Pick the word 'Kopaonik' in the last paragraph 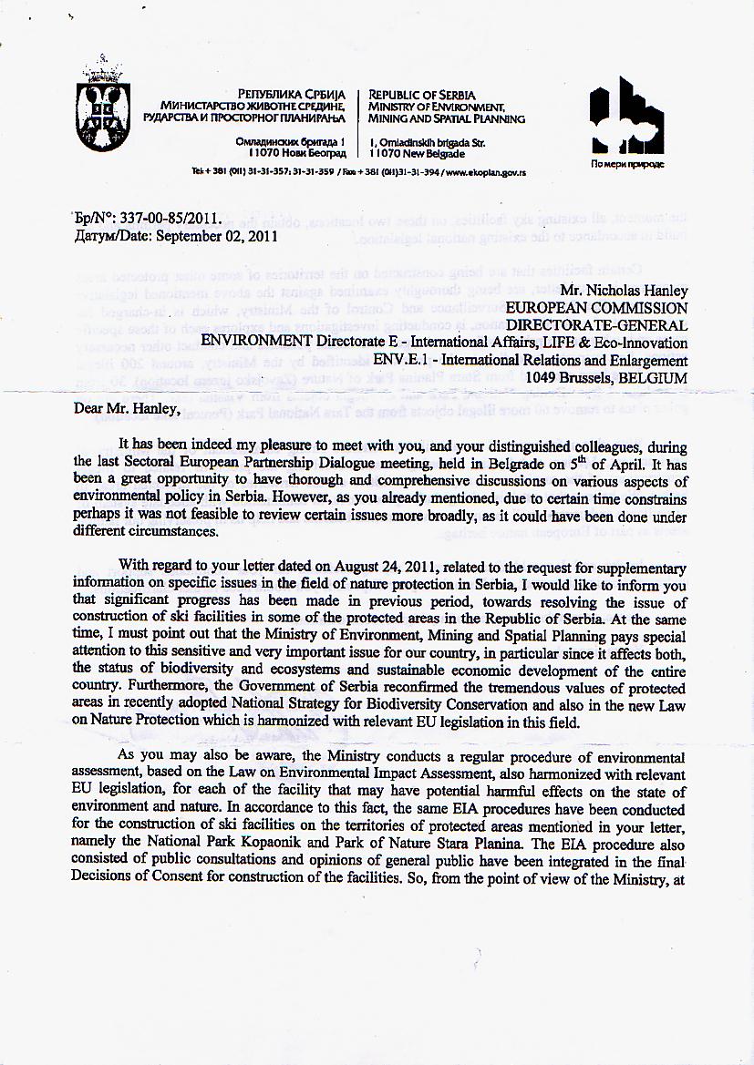[x=270, y=844]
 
